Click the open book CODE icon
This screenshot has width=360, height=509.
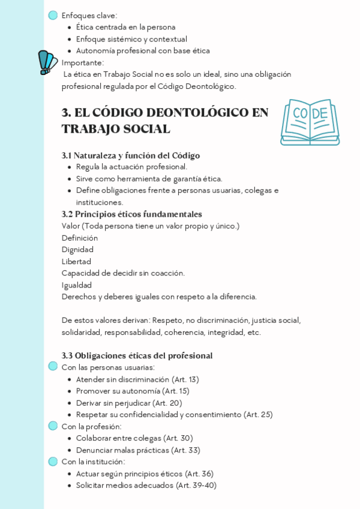click(x=310, y=122)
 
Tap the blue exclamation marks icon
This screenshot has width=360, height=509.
click(x=47, y=62)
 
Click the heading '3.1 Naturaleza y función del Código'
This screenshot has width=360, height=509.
click(x=131, y=155)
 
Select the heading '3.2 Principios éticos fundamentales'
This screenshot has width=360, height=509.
click(x=131, y=214)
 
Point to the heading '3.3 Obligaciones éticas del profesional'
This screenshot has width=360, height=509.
click(x=137, y=356)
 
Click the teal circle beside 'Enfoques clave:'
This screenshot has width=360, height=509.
click(x=53, y=16)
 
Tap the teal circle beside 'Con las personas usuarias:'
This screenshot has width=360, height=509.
click(x=53, y=367)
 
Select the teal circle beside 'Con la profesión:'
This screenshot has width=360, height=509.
click(x=53, y=426)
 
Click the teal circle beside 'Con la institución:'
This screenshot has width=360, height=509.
click(x=53, y=462)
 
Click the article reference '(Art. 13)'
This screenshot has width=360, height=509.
click(x=185, y=379)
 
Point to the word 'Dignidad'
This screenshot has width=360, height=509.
click(x=77, y=250)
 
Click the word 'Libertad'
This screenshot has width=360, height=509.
click(x=76, y=262)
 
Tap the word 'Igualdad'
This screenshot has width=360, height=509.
click(x=77, y=285)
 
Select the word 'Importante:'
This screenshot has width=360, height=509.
click(x=83, y=62)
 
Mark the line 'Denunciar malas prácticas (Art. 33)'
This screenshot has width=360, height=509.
click(x=138, y=450)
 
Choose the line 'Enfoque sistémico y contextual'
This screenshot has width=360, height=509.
click(x=131, y=39)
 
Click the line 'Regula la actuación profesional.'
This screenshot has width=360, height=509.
click(x=131, y=167)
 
